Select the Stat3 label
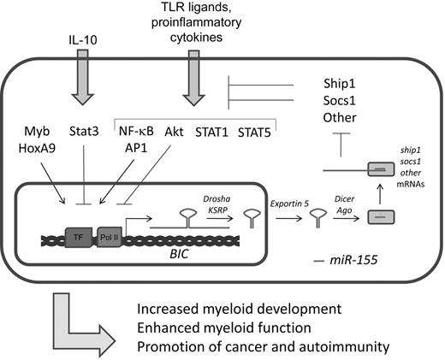(x=85, y=133)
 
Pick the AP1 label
(x=134, y=150)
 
